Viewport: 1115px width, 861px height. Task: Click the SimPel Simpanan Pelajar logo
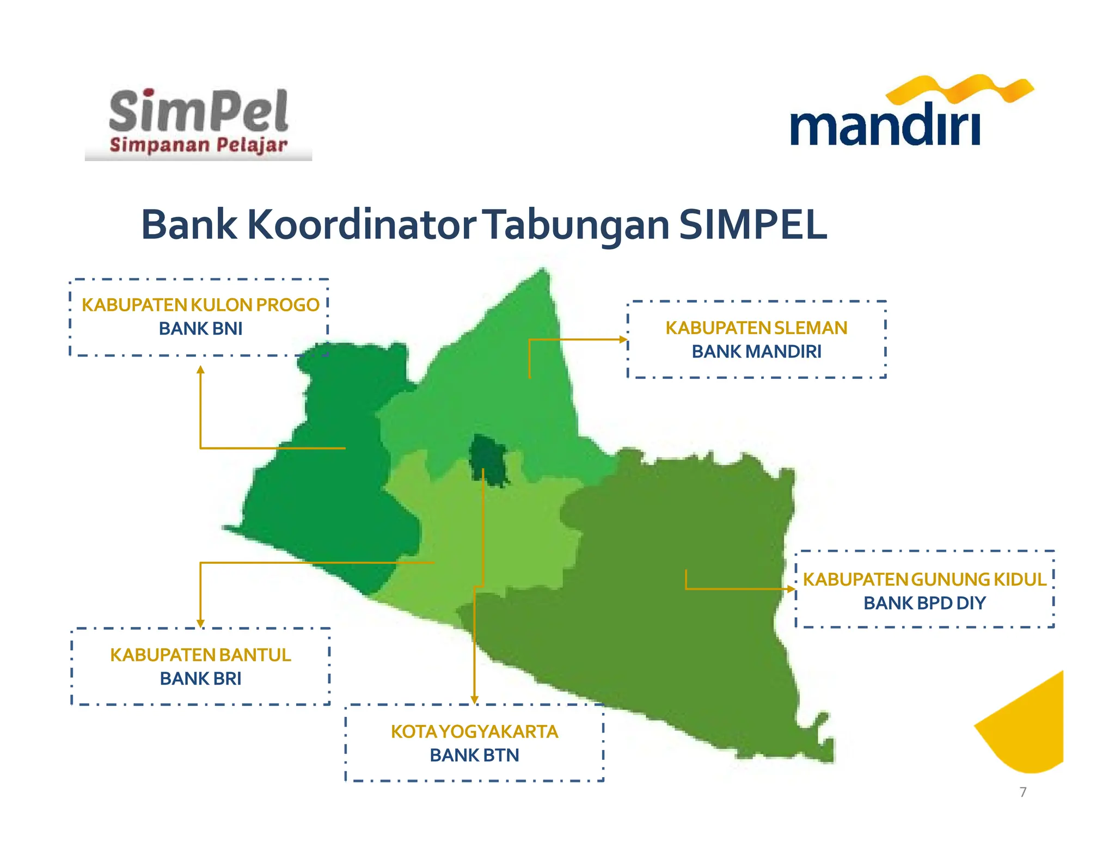[198, 122]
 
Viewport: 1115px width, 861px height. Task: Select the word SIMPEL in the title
[753, 224]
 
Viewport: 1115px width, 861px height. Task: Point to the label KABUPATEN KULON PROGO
[200, 305]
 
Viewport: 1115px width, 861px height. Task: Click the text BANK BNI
[200, 329]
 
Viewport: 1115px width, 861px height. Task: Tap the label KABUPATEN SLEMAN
[756, 328]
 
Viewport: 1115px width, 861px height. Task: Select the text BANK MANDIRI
[756, 352]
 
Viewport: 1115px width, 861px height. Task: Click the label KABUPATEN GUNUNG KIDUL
[924, 579]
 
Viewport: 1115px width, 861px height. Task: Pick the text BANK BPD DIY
[924, 603]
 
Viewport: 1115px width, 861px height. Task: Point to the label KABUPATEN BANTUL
[200, 655]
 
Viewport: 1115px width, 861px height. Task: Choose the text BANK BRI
[200, 679]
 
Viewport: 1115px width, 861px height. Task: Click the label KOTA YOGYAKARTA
[474, 731]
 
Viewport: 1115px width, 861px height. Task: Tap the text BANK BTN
[474, 755]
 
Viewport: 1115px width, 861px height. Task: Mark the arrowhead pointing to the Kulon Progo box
[200, 370]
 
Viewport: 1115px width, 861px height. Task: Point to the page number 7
[1023, 792]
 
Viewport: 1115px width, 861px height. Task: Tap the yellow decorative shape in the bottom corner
[1032, 729]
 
